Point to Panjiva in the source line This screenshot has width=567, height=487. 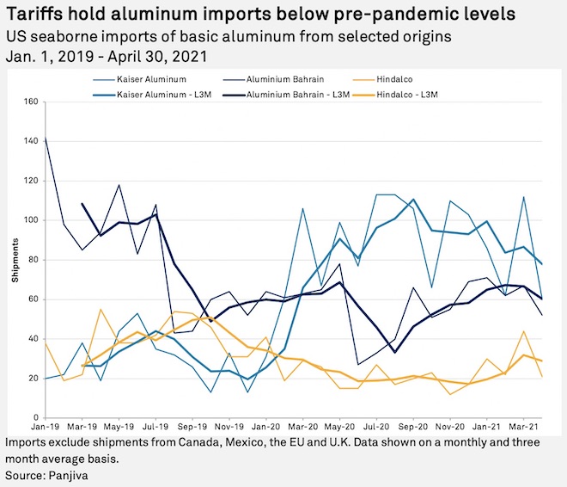[70, 474]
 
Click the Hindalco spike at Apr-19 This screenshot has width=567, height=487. [101, 309]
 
